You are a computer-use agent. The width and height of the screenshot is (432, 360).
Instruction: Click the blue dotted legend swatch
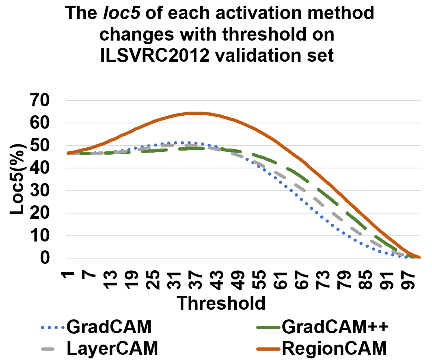pos(53,328)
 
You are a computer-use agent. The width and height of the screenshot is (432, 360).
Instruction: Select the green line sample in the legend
pos(268,328)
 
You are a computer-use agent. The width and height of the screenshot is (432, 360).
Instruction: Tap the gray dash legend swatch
pos(48,349)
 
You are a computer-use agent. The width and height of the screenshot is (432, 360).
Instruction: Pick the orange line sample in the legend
pos(268,349)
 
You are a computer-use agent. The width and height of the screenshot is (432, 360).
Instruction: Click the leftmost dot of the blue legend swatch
pos(43,328)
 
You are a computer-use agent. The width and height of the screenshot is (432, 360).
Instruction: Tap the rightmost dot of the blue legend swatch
pos(63,328)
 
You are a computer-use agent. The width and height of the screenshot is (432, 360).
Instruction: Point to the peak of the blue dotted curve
pos(179,143)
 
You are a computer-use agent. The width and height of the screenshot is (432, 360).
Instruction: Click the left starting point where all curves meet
pos(68,153)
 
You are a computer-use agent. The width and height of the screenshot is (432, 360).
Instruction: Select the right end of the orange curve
pos(419,257)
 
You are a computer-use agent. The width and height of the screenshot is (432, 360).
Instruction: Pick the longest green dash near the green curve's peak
pos(191,149)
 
